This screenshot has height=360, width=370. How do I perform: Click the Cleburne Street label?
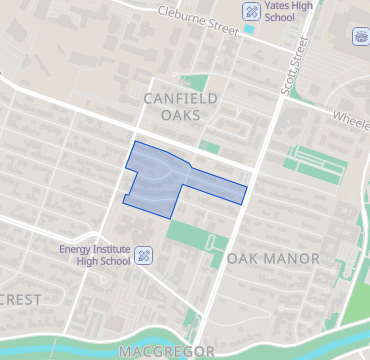(x=199, y=21)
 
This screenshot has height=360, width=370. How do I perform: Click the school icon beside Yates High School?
(x=251, y=13)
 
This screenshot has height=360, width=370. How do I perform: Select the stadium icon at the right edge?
(x=360, y=37)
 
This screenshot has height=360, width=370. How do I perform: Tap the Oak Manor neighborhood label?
(x=273, y=258)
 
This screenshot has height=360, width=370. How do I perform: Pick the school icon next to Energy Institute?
(x=143, y=255)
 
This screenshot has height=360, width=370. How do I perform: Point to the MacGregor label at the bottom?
(x=166, y=351)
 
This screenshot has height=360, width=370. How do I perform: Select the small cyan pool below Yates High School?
(x=249, y=30)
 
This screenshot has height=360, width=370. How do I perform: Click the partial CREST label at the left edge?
(x=22, y=299)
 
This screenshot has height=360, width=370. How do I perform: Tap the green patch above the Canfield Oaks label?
(x=197, y=83)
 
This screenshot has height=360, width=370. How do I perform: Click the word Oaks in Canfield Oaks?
(x=180, y=115)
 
